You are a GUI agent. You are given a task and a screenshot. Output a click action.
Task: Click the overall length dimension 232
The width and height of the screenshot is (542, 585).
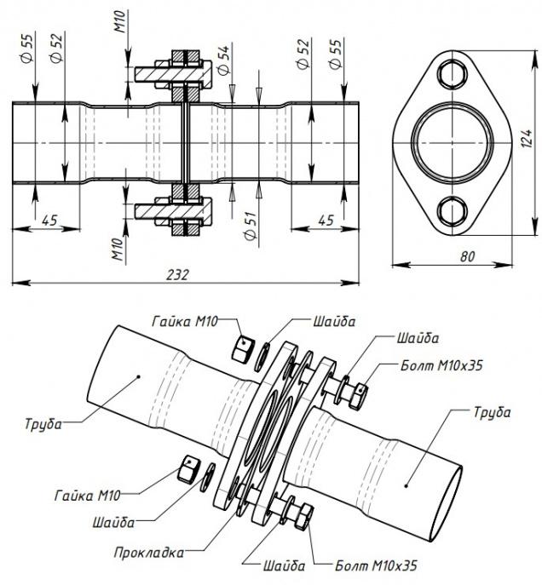click(177, 274)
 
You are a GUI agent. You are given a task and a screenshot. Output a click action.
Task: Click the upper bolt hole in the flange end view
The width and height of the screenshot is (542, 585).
click(452, 74)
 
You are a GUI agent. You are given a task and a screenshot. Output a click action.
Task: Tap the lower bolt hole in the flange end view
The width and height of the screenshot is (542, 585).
click(452, 209)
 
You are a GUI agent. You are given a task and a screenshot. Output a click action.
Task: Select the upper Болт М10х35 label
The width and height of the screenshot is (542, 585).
click(442, 365)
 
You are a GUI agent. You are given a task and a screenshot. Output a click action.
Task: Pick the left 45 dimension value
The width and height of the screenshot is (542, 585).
click(50, 220)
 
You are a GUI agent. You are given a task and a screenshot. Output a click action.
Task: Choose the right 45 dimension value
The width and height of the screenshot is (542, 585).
click(325, 220)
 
